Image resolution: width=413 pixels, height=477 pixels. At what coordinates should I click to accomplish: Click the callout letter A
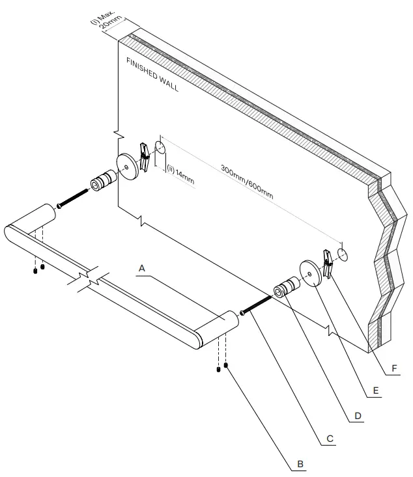[x=143, y=267]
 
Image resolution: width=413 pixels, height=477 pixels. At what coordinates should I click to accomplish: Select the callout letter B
[x=299, y=464]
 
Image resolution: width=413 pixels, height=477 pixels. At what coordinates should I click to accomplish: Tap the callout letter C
[x=330, y=439]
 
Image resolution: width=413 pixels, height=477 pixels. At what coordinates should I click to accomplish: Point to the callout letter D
[x=358, y=415]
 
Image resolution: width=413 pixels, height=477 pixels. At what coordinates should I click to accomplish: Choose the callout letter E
[x=376, y=391]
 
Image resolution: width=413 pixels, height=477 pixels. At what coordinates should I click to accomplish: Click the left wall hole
[x=161, y=148]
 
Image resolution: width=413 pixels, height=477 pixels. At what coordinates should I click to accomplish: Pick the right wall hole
[x=344, y=253]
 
